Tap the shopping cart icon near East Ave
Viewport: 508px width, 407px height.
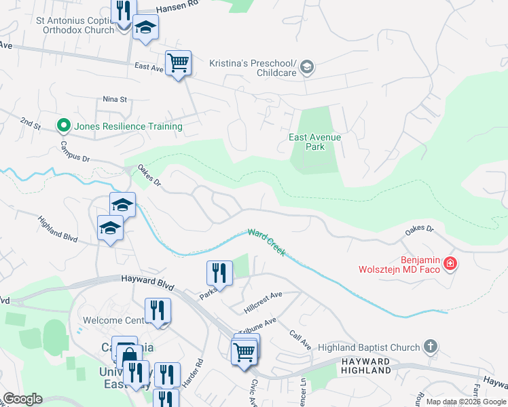pyautogui.click(x=179, y=64)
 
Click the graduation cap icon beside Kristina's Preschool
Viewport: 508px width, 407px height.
pyautogui.click(x=307, y=66)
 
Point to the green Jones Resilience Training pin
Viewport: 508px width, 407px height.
pyautogui.click(x=63, y=125)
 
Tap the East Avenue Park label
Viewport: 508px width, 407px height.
pyautogui.click(x=314, y=142)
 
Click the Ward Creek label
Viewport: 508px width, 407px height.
pyautogui.click(x=266, y=241)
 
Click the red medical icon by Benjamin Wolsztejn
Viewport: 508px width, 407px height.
pyautogui.click(x=450, y=263)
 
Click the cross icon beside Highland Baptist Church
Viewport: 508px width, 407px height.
pyautogui.click(x=430, y=347)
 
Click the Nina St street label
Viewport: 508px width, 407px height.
pyautogui.click(x=115, y=99)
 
